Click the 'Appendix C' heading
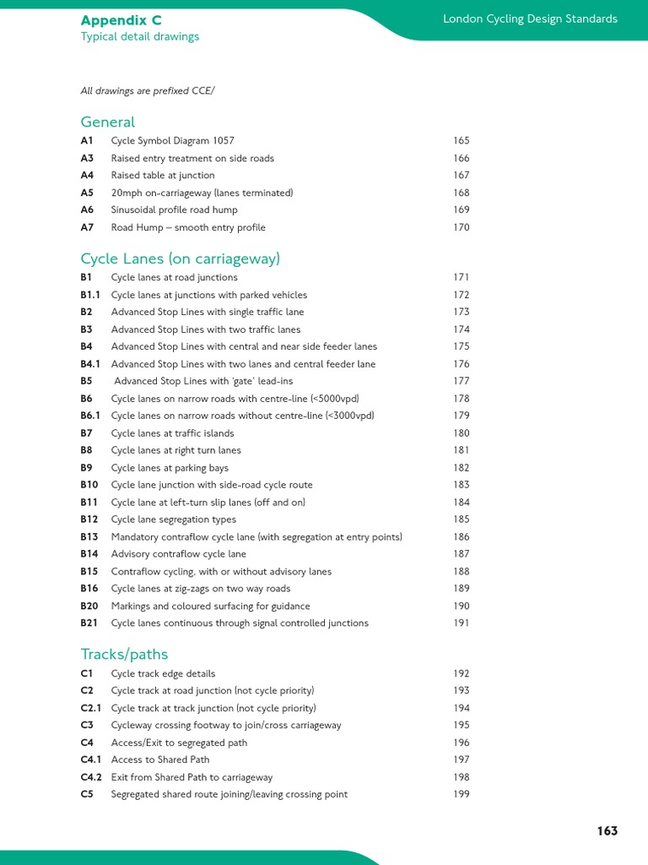click(121, 19)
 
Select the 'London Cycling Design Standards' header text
click(530, 19)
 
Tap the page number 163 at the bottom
click(607, 830)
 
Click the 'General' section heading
click(107, 122)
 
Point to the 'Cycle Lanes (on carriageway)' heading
click(180, 258)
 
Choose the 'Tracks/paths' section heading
click(124, 654)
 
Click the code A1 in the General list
click(87, 141)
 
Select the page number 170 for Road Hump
click(461, 227)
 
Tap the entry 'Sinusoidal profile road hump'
click(174, 209)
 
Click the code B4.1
click(90, 364)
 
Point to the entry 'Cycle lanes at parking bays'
click(170, 468)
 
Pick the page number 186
click(461, 537)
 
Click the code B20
click(89, 607)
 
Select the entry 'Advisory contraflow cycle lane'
click(178, 554)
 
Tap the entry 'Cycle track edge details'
click(163, 674)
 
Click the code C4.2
click(91, 777)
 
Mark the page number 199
click(461, 794)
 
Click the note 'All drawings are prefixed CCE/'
click(147, 90)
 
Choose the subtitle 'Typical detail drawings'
click(139, 36)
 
